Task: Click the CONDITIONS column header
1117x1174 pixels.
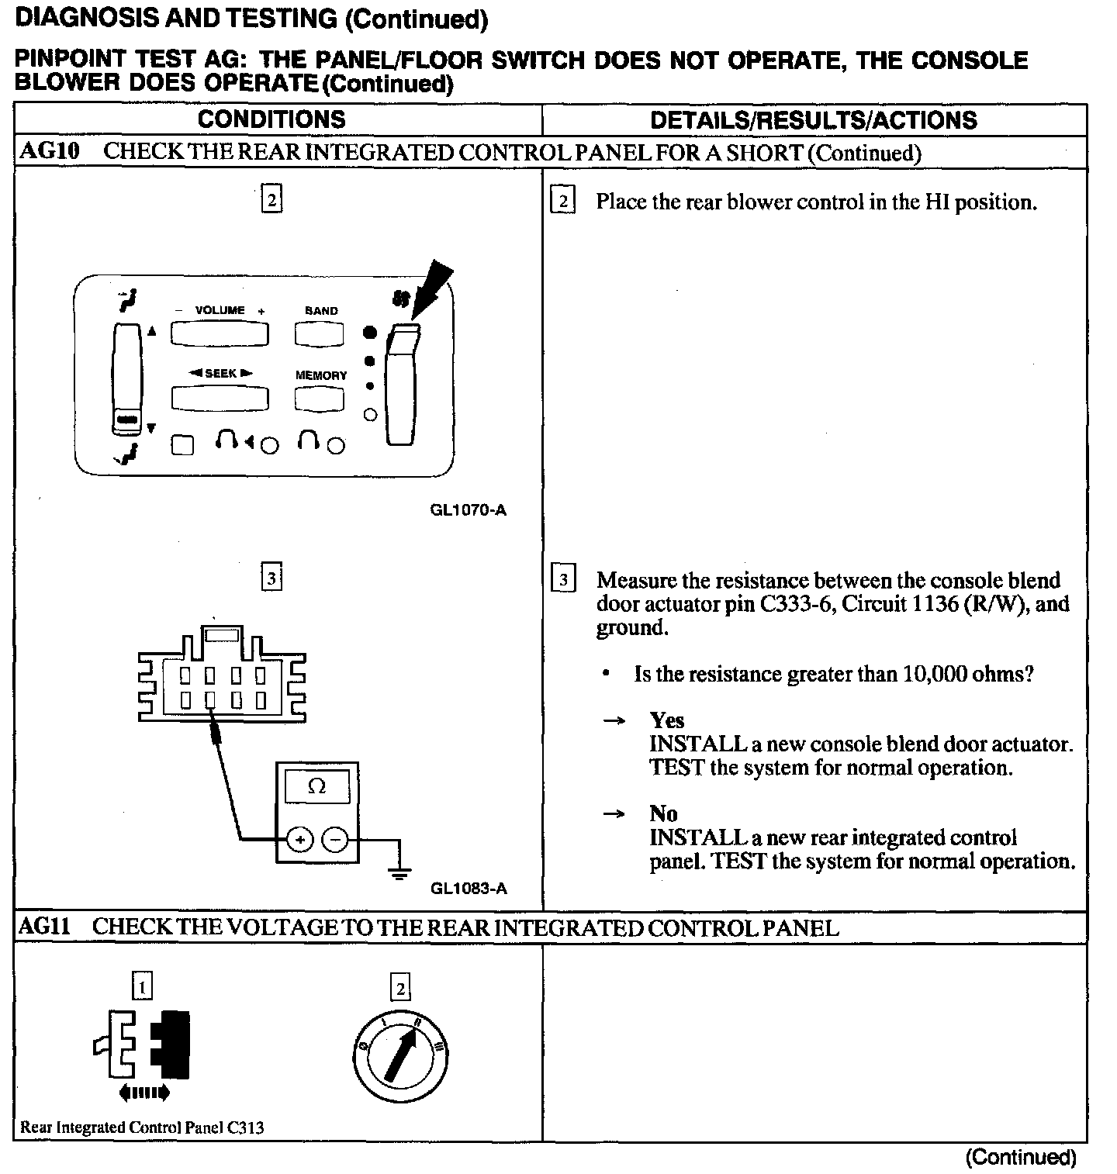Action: tap(271, 119)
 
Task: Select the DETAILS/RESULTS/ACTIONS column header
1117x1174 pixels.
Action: tap(814, 120)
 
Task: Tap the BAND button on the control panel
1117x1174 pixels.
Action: tap(319, 333)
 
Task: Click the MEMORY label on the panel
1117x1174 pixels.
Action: tap(321, 375)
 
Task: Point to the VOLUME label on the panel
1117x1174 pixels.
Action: tap(220, 310)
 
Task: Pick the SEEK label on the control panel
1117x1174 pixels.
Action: tap(220, 373)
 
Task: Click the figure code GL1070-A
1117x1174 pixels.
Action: tap(468, 510)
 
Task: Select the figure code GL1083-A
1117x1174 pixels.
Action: tap(469, 889)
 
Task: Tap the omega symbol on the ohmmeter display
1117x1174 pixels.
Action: tap(316, 787)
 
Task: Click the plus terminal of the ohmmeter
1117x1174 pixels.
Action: tap(300, 839)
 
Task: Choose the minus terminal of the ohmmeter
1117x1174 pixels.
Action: tap(335, 839)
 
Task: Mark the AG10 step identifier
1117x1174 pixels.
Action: tap(49, 151)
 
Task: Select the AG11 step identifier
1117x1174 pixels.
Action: tap(43, 927)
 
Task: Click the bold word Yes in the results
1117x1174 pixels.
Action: tap(667, 720)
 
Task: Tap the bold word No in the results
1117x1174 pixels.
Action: tap(664, 813)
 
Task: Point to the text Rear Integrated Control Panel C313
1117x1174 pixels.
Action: tap(142, 1127)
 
